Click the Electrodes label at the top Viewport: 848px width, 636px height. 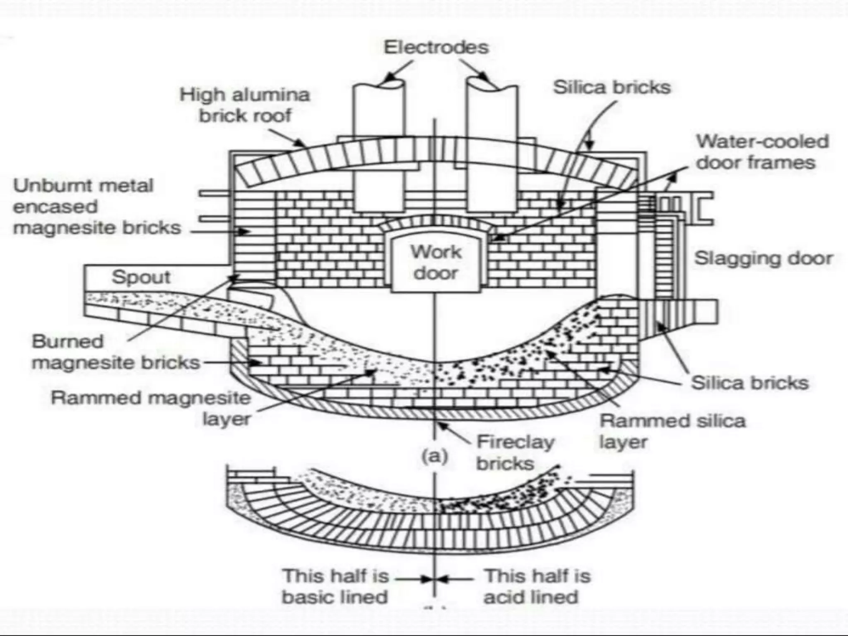pos(436,47)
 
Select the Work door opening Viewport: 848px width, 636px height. pos(436,263)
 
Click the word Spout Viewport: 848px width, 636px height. pos(141,277)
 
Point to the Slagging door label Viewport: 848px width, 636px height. pos(763,258)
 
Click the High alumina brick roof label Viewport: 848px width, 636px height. pos(245,105)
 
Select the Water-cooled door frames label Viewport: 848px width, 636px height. pos(762,152)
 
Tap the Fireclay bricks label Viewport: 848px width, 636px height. pos(515,453)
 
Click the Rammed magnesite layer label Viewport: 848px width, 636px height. pos(151,408)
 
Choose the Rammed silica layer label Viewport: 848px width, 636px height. pos(672,431)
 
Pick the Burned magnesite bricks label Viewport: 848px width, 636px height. pos(116,352)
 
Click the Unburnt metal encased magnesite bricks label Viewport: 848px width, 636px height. pos(97,207)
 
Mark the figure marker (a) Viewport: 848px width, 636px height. pos(434,456)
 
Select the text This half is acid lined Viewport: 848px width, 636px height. pos(537,586)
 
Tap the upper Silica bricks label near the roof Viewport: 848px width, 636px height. pos(612,87)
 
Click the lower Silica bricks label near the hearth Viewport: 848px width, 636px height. pos(749,383)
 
